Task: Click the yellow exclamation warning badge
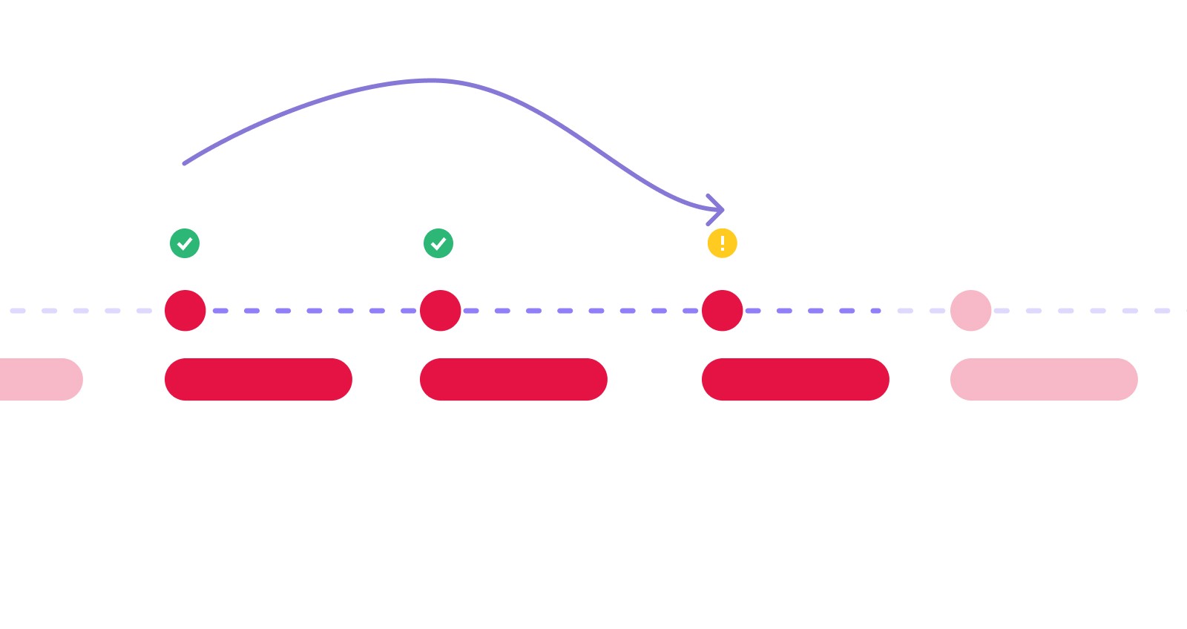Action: coord(722,243)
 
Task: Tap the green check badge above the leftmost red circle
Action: coord(185,243)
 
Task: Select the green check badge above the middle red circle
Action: coord(438,243)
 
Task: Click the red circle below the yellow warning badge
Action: coord(722,311)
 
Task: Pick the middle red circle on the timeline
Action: coord(441,311)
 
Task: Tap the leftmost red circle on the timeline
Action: coord(185,311)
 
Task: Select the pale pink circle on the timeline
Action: coord(970,311)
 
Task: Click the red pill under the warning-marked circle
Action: coord(795,379)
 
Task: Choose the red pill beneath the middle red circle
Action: coord(513,379)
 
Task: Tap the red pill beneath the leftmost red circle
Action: coord(258,379)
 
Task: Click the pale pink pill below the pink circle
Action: coord(1044,379)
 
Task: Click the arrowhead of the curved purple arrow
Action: coord(717,210)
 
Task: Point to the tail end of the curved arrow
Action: coord(185,163)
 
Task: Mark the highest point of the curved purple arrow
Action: coord(432,80)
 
